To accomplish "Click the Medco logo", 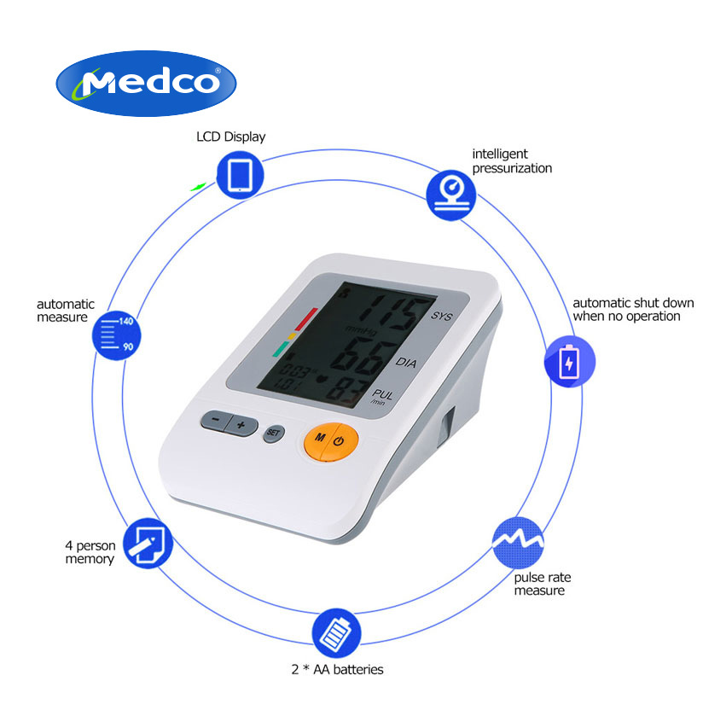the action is click(146, 83).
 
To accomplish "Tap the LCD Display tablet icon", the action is click(240, 175).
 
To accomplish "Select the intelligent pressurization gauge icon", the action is click(451, 195).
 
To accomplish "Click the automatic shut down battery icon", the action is click(570, 361).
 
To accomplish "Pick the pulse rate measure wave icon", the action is click(518, 543).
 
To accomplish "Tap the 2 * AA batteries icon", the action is click(336, 633).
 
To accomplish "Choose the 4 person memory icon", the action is click(148, 543).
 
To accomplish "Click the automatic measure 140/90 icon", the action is click(116, 335).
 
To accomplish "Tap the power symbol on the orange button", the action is click(338, 441).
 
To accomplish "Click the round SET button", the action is click(274, 433).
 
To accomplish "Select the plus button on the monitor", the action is click(241, 426).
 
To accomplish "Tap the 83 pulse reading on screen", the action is click(348, 392).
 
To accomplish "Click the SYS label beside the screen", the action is click(441, 316).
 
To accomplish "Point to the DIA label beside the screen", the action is click(406, 362).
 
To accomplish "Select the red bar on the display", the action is click(305, 319).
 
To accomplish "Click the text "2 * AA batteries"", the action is click(337, 669).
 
